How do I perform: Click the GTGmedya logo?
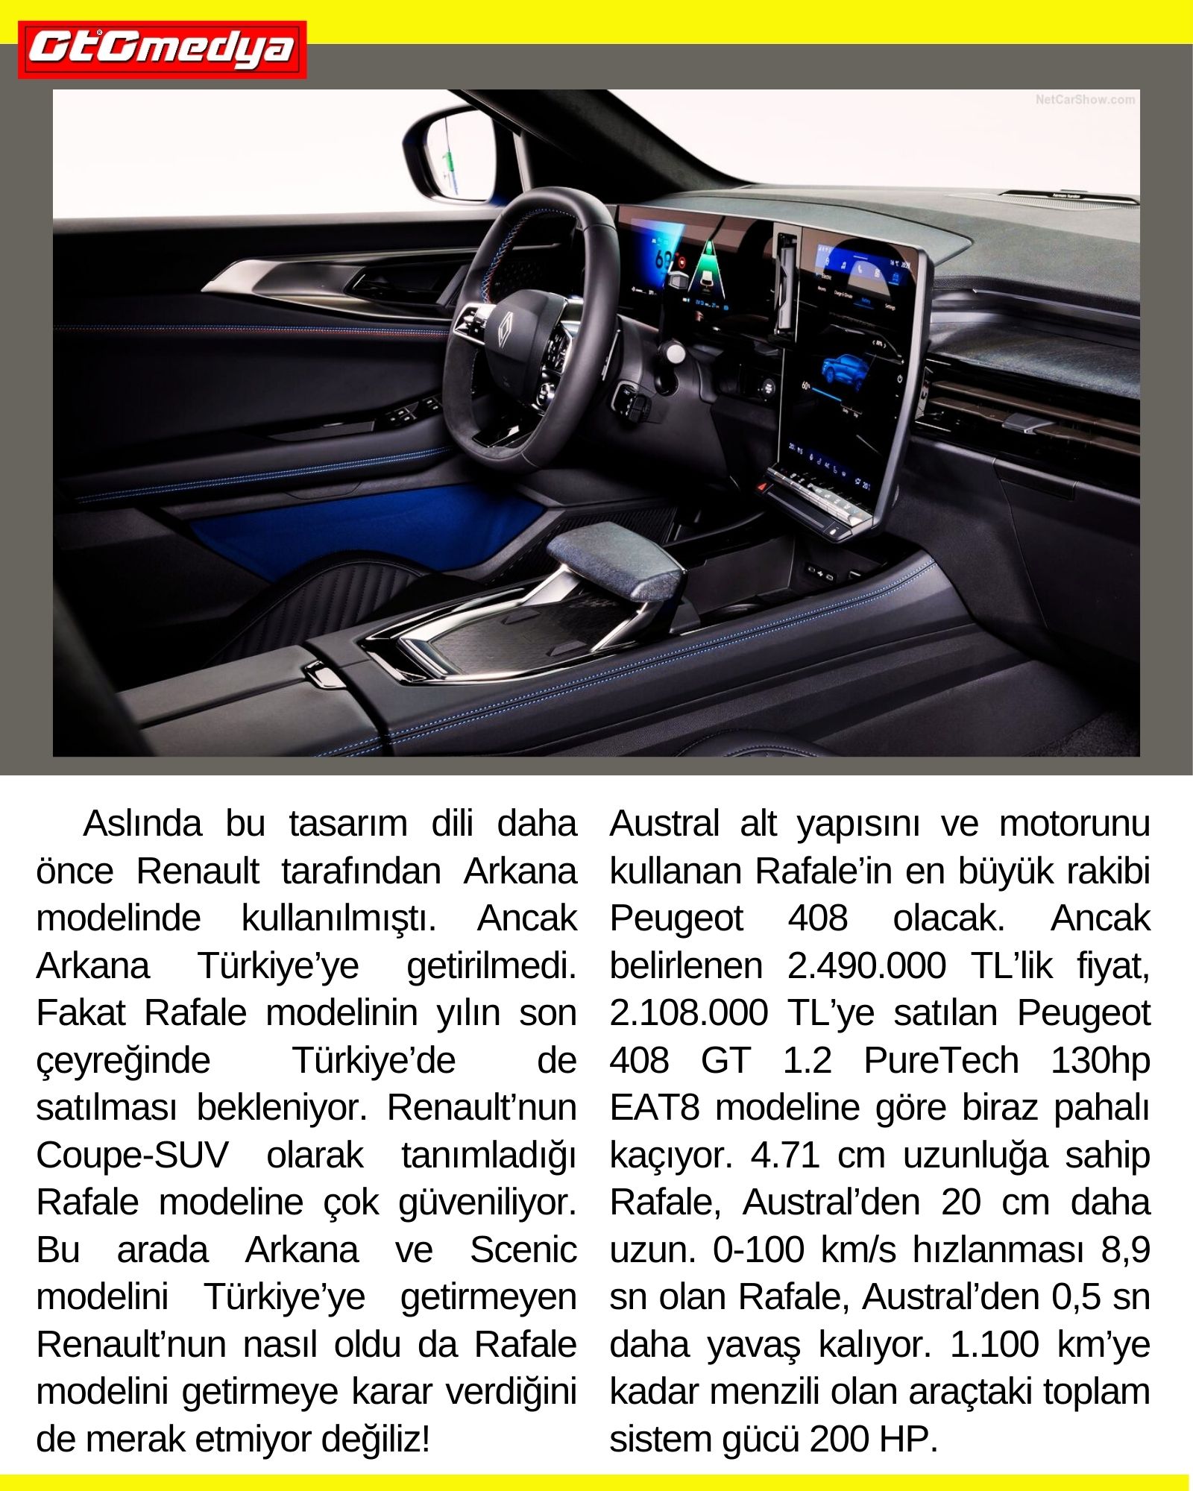click(162, 49)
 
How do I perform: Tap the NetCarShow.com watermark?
click(1085, 99)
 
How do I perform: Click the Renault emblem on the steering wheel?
click(506, 328)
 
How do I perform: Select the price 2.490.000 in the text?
click(866, 965)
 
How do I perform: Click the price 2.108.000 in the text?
click(688, 1013)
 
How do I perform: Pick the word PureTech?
click(941, 1060)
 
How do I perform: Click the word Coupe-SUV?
click(132, 1155)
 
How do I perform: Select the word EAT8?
click(654, 1108)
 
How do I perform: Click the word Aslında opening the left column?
click(142, 824)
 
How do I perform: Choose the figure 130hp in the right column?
click(1100, 1060)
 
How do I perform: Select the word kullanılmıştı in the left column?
click(338, 918)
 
